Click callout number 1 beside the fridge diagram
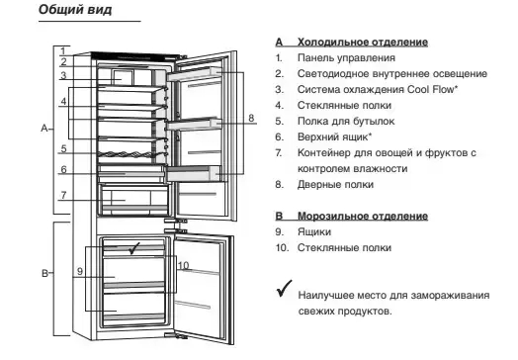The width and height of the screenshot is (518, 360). [x=61, y=50]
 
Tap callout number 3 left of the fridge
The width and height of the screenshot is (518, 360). [x=61, y=75]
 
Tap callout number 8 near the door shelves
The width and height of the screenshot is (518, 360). [x=251, y=118]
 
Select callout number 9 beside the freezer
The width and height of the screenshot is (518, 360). [x=79, y=270]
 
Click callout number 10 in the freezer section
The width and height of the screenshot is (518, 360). [x=183, y=265]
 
